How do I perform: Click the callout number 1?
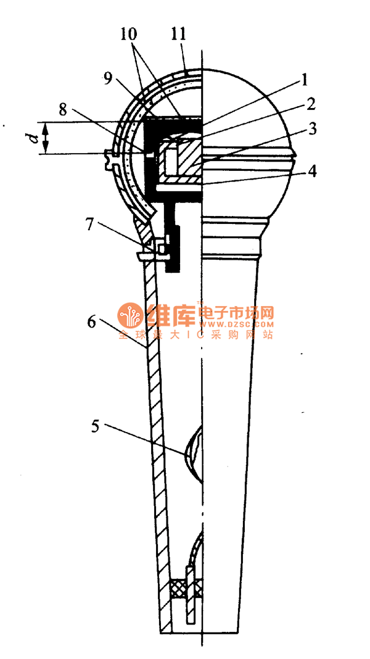click(305, 81)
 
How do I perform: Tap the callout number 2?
click(310, 104)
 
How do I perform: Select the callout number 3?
click(313, 129)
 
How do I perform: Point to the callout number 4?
click(313, 171)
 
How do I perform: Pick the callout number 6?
click(91, 322)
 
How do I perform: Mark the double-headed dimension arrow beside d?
click(46, 138)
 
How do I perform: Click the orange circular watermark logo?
click(129, 316)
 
